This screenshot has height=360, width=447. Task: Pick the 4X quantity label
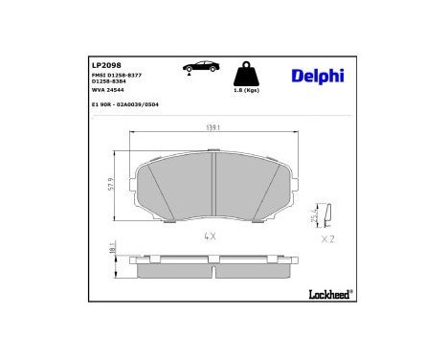point(210,236)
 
